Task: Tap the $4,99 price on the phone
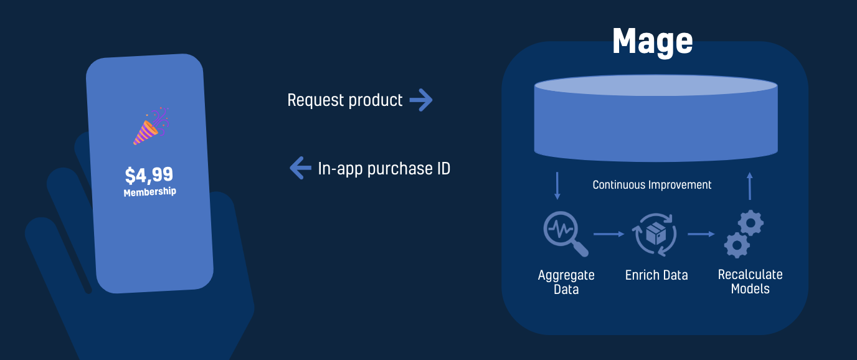(x=149, y=175)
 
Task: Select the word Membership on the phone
(x=149, y=192)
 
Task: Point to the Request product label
(x=344, y=100)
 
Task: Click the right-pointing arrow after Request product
(x=421, y=100)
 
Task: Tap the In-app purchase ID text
(x=384, y=169)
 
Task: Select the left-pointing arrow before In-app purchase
(x=300, y=168)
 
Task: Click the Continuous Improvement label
(x=652, y=185)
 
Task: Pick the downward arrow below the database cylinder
(x=557, y=186)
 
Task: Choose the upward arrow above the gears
(x=749, y=186)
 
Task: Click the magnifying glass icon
(x=566, y=234)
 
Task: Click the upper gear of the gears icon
(x=750, y=222)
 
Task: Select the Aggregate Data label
(x=566, y=282)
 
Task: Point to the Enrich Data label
(x=656, y=275)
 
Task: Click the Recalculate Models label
(x=750, y=281)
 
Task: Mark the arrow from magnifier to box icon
(x=608, y=234)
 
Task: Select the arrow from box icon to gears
(x=701, y=234)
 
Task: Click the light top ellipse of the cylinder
(x=656, y=85)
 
